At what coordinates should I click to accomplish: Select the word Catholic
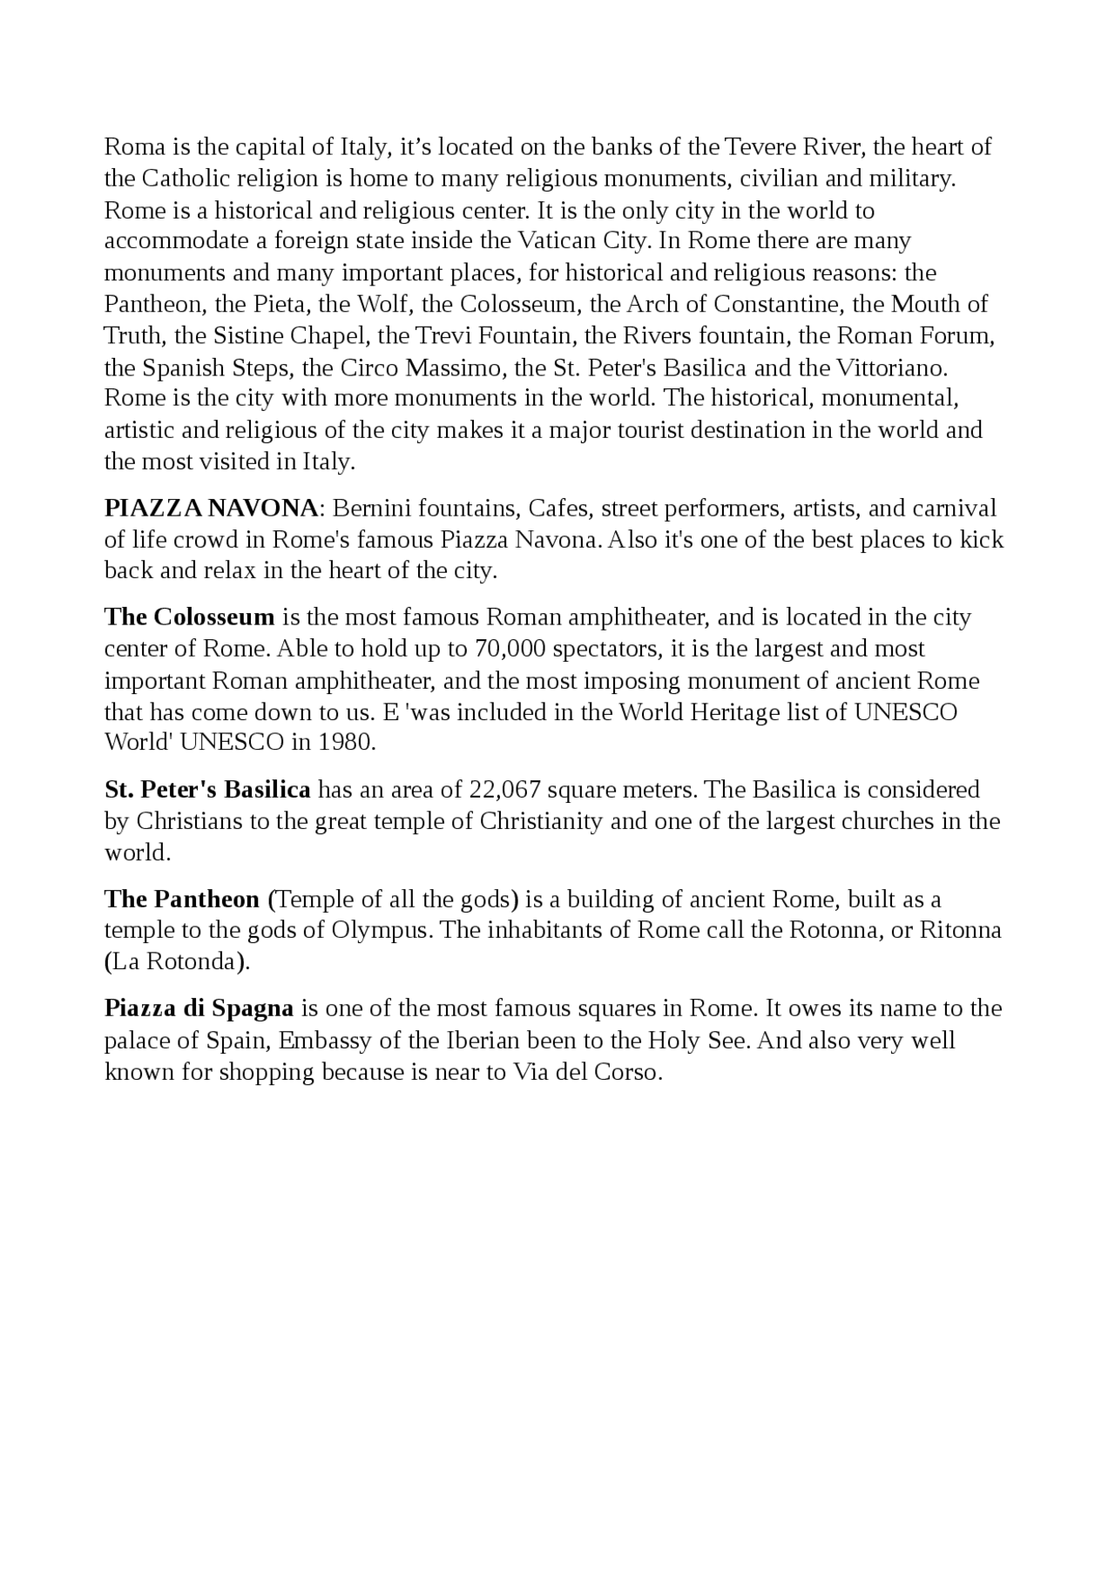[187, 179]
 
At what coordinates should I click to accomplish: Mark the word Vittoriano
[891, 367]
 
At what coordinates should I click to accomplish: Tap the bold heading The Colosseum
[189, 617]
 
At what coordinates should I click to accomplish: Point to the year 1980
[347, 743]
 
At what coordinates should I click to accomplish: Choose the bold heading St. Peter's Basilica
[207, 790]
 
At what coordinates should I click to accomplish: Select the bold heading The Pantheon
[182, 899]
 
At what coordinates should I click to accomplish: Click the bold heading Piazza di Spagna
[199, 1008]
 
